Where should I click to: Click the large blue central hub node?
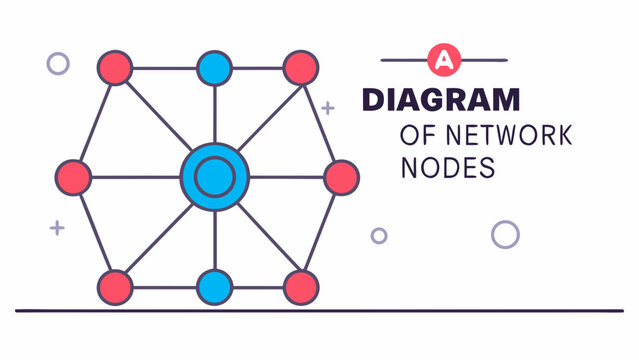(214, 177)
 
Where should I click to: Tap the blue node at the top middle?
(214, 68)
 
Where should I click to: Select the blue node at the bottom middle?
(214, 287)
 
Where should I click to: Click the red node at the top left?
(115, 68)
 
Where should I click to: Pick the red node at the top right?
(300, 68)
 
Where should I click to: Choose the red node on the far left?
(73, 177)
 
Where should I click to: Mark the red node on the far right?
(341, 177)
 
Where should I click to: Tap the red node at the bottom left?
(115, 287)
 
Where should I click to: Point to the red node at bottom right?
(300, 287)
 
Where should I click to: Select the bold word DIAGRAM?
(441, 100)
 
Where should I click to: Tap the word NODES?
(447, 168)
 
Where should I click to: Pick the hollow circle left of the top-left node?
(58, 63)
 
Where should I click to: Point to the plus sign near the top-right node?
(328, 107)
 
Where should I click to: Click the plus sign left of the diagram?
(57, 228)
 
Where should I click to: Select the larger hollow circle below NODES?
(505, 234)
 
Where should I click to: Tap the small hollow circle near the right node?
(379, 236)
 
